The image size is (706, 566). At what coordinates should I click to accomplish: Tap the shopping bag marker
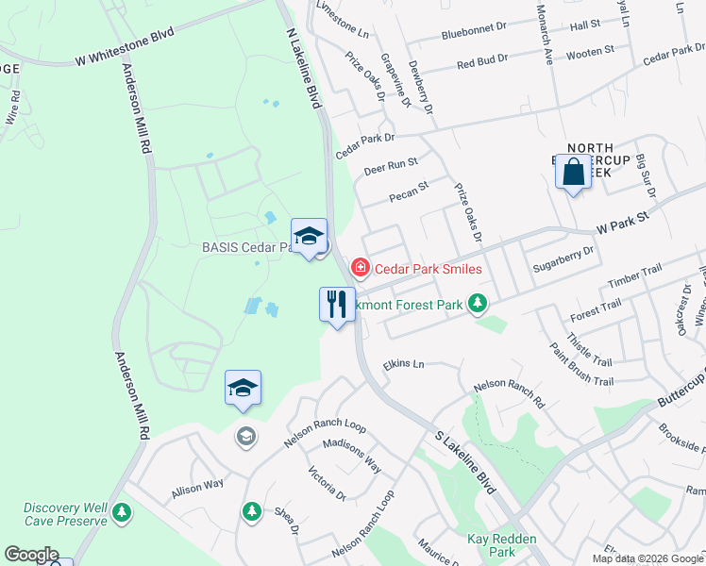pyautogui.click(x=573, y=173)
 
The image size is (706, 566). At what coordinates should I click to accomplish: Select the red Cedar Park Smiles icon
pyautogui.click(x=359, y=270)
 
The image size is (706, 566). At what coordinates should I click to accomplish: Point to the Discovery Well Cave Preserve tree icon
pyautogui.click(x=121, y=513)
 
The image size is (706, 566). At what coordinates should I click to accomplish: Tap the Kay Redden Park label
pyautogui.click(x=491, y=545)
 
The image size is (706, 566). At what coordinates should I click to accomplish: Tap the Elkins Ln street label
pyautogui.click(x=404, y=364)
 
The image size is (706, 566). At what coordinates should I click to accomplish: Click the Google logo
pyautogui.click(x=31, y=555)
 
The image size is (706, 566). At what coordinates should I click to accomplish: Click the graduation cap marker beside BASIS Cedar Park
pyautogui.click(x=309, y=237)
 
